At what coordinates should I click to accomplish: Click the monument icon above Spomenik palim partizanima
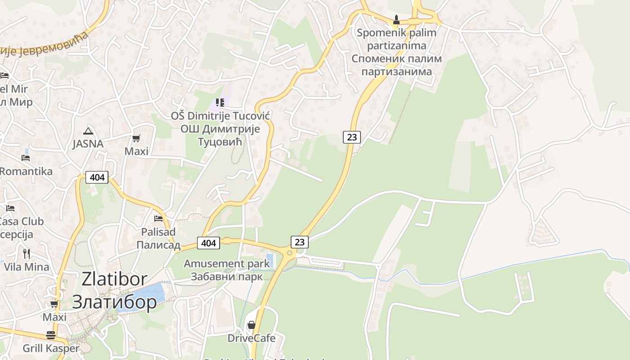coord(396,20)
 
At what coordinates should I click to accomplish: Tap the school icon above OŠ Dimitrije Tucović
coord(220,103)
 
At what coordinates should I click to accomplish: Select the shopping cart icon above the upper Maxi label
coord(136,139)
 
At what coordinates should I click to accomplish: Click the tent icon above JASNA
coord(88,131)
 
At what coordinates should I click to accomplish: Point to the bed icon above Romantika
coord(26,158)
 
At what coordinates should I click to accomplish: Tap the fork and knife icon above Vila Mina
coord(27,254)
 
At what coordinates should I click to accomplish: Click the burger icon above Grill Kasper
coord(51,335)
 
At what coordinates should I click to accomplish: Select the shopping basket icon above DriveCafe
coord(251,325)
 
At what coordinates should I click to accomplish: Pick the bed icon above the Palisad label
coord(158,219)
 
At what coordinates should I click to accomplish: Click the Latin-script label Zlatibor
coord(114,279)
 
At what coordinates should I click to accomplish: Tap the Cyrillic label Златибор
coord(114,301)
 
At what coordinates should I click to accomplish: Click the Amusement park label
coord(227,264)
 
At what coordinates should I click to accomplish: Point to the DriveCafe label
coord(251,338)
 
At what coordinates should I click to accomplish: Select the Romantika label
coord(26,171)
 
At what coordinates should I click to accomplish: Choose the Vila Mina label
coord(27,267)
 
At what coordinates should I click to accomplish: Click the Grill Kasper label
coord(51,348)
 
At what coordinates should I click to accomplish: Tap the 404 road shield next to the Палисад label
coord(208,243)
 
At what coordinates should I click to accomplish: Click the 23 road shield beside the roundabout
coord(300,242)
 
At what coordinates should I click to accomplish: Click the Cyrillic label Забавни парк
coord(227,276)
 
